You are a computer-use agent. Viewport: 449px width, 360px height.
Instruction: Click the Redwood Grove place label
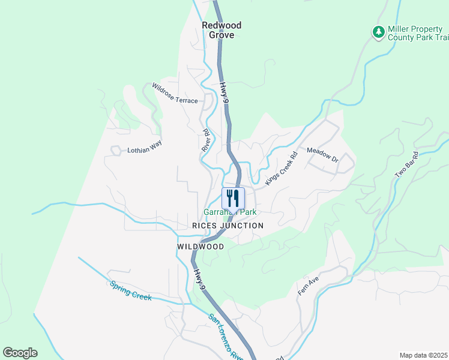click(221, 30)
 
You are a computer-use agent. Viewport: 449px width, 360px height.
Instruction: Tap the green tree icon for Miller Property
click(378, 32)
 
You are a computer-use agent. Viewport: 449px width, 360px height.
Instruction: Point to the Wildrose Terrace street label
click(175, 93)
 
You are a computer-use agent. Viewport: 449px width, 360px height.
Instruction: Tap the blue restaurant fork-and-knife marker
click(233, 198)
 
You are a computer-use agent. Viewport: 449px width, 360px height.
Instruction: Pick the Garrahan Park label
click(231, 212)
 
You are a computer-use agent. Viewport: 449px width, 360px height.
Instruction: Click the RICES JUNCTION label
click(228, 226)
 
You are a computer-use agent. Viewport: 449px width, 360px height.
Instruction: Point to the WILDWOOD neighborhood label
click(200, 247)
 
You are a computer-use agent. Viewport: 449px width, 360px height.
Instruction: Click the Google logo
click(20, 353)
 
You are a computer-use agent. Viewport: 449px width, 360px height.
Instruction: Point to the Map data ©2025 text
click(423, 355)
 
